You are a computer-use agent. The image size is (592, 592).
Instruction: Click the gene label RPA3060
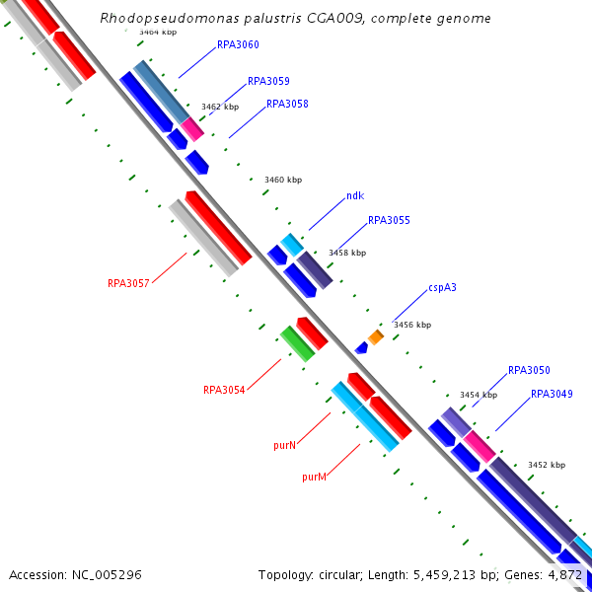coord(238,45)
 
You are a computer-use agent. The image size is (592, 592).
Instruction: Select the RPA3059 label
coord(268,82)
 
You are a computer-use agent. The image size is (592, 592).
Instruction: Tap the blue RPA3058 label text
coord(287,105)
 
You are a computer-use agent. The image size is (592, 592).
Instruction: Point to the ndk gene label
coord(355,196)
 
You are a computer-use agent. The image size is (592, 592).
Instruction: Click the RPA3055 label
coord(389,221)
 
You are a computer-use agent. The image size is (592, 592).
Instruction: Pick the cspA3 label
coord(442,289)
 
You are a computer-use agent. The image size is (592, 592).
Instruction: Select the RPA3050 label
coord(529,371)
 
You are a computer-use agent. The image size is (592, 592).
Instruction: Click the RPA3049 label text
coord(552,395)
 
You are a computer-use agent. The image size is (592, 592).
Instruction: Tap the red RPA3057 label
coord(128,284)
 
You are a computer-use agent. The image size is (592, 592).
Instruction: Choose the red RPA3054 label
coord(224,390)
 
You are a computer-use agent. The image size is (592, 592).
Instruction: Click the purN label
coord(285,446)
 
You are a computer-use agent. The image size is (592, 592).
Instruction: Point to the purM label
coord(314,477)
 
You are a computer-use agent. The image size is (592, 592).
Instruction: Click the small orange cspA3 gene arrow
coord(376,337)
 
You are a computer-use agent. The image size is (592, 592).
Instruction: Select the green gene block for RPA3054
coord(296,342)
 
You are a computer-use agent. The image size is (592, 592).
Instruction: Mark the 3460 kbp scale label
coord(283,181)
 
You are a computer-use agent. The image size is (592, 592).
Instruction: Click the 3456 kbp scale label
coord(412,325)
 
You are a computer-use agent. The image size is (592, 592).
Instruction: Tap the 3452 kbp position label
coord(547,465)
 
